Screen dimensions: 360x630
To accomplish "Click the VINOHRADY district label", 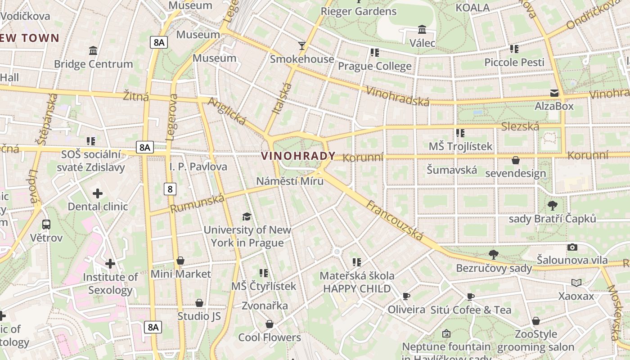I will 298,156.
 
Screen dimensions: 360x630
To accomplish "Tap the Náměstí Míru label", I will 290,181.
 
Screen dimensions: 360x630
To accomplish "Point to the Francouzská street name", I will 395,220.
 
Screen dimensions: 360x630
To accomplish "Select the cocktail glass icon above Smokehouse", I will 301,45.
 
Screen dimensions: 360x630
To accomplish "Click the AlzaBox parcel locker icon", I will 554,93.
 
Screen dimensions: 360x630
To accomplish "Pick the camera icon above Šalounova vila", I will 572,247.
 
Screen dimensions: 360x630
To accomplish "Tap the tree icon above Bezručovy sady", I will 493,254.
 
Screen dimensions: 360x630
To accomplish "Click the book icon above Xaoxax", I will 576,283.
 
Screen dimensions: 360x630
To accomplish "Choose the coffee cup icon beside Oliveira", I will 406,296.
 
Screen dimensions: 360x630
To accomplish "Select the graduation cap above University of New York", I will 247,216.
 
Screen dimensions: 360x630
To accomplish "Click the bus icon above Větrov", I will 46,224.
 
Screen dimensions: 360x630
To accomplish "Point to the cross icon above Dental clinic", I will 98,193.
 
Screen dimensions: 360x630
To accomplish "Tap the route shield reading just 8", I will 170,189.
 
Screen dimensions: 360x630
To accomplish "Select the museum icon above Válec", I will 422,30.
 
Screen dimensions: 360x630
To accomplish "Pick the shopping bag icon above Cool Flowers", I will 269,324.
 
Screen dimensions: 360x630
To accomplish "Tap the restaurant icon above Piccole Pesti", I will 514,49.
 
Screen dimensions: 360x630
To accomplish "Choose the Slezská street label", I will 520,126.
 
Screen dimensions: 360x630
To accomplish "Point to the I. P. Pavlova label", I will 198,166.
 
